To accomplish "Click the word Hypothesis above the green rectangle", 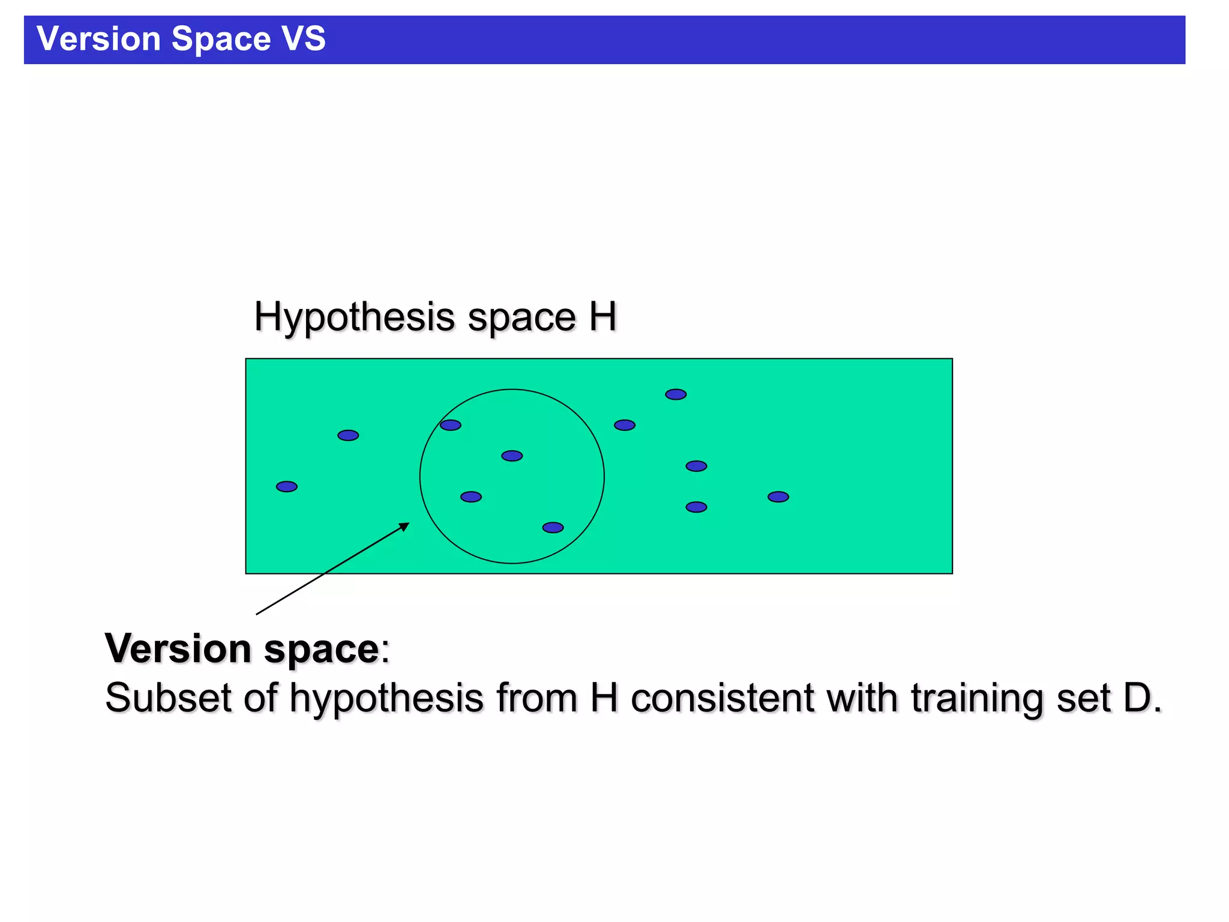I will point(354,318).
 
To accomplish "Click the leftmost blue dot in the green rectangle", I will point(287,486).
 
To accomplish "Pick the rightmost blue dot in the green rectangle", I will point(778,496).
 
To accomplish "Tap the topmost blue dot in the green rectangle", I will point(676,394).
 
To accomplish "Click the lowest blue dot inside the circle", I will point(553,528).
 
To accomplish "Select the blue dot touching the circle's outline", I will point(450,425).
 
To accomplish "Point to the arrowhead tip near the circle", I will point(409,523).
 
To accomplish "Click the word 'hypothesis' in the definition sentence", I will point(386,699).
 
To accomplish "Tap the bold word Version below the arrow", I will point(178,649).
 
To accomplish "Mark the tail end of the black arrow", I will point(257,614).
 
